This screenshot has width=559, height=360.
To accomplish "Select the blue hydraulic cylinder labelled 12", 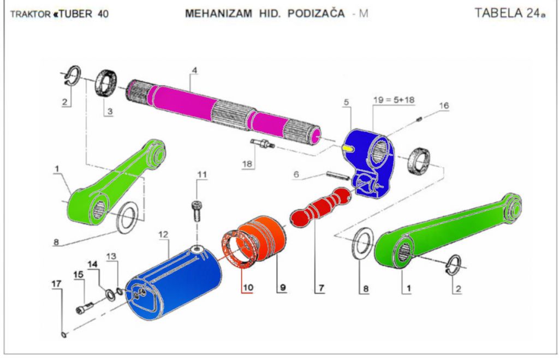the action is pos(174,282).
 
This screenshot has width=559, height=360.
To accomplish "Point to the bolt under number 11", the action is pos(197,211).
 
